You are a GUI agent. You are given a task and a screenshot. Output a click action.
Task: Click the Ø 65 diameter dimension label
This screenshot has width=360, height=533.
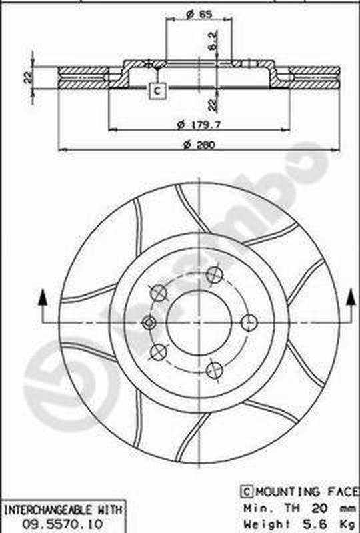[x=199, y=14]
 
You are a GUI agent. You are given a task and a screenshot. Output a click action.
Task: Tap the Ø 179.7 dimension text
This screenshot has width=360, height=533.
[x=199, y=125]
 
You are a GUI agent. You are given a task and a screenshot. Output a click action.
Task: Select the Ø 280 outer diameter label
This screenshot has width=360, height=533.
[x=199, y=145]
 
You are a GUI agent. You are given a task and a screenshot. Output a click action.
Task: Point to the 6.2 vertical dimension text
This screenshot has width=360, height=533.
[x=213, y=41]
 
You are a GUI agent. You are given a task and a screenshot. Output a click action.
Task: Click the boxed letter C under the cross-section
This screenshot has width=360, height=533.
[x=157, y=91]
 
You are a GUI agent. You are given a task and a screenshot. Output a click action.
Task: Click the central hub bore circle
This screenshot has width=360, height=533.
[x=199, y=323]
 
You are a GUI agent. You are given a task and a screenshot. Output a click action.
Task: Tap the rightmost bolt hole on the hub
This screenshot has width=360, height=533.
[x=249, y=322]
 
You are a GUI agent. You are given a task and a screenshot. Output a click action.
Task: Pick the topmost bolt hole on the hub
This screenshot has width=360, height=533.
[x=215, y=275]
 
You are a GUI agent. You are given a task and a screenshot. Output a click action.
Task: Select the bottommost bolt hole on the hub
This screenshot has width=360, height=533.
[x=215, y=370]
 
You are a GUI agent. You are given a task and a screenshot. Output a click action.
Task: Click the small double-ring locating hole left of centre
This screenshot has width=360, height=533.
[x=149, y=323]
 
